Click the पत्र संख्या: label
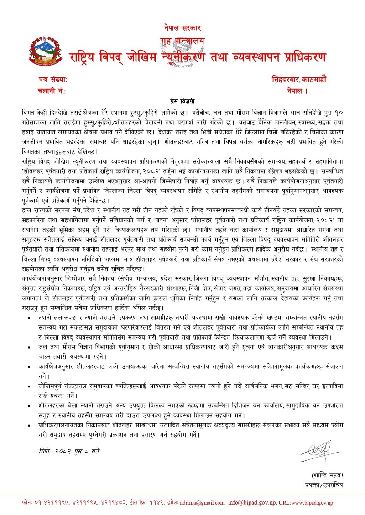click(x=53, y=79)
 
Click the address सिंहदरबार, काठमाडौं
click(x=298, y=79)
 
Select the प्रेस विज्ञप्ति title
click(x=182, y=100)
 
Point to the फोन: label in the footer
click(x=27, y=502)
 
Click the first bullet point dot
click(x=30, y=316)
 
